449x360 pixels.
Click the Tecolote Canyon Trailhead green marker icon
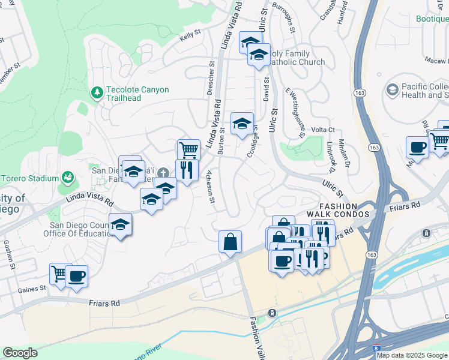coord(96,93)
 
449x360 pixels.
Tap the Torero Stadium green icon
coord(68,178)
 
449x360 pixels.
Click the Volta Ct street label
coord(322,130)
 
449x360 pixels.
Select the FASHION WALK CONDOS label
coord(339,209)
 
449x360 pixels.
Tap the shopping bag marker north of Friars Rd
coord(230,242)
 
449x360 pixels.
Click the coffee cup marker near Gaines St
coord(76,277)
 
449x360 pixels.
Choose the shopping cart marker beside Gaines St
coord(59,274)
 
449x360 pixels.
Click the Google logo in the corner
coord(20,353)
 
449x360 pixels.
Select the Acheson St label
coord(211,187)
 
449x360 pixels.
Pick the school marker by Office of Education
coord(121,225)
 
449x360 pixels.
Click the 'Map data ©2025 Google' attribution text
coord(412,355)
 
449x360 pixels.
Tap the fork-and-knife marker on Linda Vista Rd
coord(187,170)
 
